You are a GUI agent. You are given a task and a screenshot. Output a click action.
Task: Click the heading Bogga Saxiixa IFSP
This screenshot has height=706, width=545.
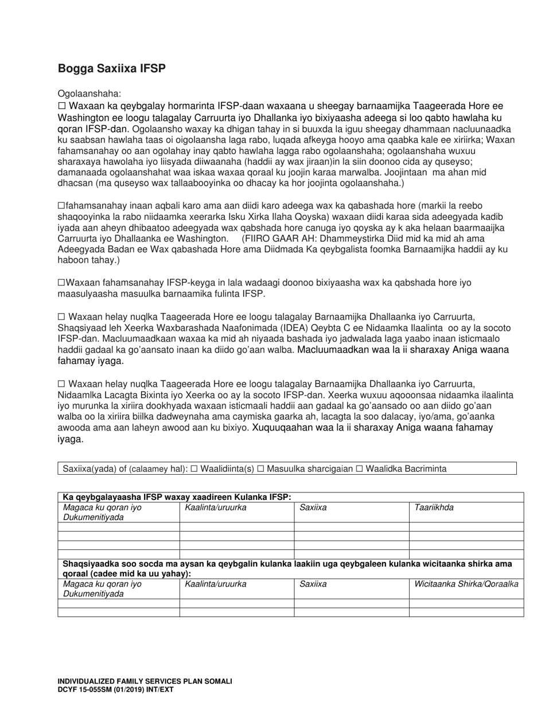(x=111, y=69)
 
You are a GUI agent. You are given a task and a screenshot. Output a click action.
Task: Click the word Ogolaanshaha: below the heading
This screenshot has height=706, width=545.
(x=89, y=94)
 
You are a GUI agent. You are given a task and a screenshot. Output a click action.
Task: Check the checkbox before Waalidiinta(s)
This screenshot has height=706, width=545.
(x=194, y=469)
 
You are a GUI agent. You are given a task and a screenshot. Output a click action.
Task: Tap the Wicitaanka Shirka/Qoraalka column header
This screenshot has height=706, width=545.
(x=466, y=584)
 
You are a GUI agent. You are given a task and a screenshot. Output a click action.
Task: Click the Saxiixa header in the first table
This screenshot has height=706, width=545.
(x=313, y=507)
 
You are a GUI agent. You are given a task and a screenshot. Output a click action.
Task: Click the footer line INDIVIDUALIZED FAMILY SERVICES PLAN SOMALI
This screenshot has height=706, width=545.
(x=145, y=681)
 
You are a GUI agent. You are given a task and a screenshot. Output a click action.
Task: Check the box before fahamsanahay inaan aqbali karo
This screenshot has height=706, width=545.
(x=61, y=205)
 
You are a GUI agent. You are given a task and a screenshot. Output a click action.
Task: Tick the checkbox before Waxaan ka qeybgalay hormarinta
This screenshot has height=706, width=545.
(x=61, y=106)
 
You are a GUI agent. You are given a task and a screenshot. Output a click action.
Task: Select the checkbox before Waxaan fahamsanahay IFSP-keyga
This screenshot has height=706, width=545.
(x=61, y=282)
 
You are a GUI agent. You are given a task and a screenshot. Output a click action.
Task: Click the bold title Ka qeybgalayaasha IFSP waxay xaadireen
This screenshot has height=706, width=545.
(x=177, y=497)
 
